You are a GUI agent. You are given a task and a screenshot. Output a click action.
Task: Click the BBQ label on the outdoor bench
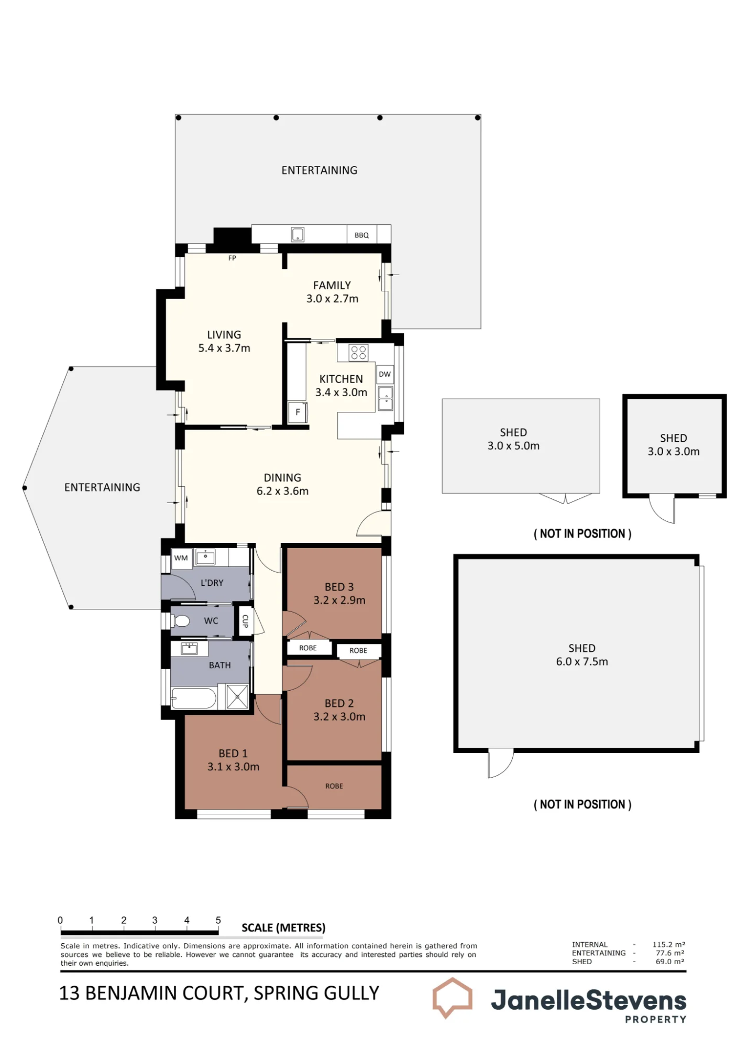point(361,235)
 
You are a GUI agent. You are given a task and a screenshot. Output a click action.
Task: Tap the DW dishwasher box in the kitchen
point(385,374)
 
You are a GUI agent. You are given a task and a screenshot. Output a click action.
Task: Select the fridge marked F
point(298,412)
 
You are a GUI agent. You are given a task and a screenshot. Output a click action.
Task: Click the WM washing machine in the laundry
point(181,558)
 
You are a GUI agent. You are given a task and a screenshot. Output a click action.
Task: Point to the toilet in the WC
point(180,621)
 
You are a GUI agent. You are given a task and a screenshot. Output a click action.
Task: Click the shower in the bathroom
point(237,696)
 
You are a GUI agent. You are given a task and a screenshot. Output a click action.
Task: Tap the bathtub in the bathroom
point(193,698)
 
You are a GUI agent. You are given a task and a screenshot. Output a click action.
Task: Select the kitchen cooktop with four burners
point(359,353)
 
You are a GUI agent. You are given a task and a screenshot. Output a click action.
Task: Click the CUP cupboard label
point(245,621)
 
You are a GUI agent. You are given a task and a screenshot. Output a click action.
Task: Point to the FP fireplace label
point(232,258)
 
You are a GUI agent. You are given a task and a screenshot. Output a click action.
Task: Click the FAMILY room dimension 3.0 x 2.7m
point(332,299)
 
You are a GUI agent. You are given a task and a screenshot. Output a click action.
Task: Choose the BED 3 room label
point(339,587)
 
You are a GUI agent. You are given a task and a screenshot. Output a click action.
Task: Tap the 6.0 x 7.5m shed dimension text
point(582,662)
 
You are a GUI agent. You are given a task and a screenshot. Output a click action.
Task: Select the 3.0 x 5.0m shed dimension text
point(513,446)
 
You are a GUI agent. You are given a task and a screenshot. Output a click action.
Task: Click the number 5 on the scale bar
point(218,920)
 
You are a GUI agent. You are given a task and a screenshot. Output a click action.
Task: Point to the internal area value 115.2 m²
point(669,945)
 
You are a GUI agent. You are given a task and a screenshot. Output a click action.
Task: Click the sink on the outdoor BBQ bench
point(298,234)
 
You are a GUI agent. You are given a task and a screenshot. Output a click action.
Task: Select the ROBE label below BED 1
point(334,786)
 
